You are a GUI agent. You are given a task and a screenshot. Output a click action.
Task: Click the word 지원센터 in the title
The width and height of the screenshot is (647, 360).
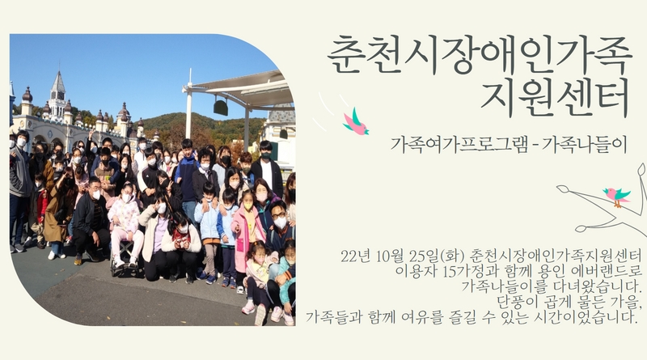[555, 98]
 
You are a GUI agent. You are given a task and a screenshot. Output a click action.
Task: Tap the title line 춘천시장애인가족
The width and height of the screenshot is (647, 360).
[480, 55]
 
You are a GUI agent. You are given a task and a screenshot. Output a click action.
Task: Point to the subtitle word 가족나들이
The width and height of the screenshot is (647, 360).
[584, 145]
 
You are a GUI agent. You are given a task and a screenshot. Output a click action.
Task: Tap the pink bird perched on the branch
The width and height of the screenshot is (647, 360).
[616, 196]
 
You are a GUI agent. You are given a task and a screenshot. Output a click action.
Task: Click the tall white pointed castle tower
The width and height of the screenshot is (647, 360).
[57, 95]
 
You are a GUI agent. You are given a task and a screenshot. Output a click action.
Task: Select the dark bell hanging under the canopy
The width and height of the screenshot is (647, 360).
[220, 107]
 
